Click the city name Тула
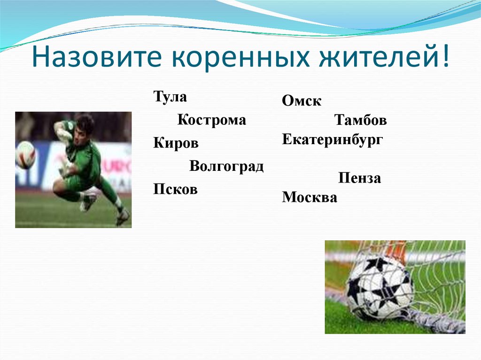click(170, 97)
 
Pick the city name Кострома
click(211, 120)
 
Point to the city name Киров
click(176, 143)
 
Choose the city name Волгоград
click(226, 166)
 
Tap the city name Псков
click(175, 189)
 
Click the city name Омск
click(302, 101)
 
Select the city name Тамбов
click(360, 121)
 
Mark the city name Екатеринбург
click(333, 139)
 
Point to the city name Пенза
click(359, 179)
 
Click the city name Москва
click(310, 198)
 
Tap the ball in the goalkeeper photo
click(25, 155)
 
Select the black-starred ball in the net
click(379, 287)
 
